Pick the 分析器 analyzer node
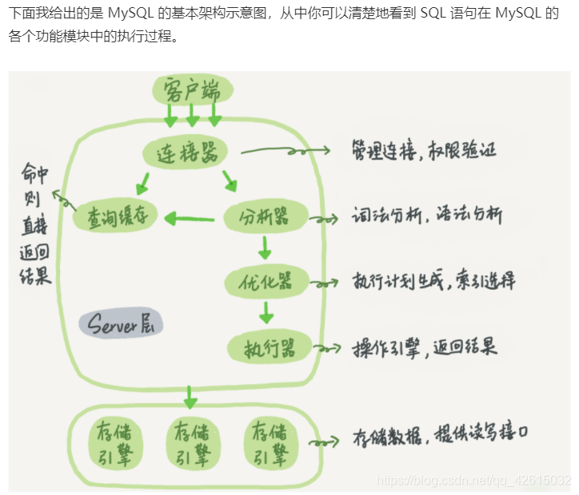click(x=266, y=216)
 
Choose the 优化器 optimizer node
click(x=267, y=281)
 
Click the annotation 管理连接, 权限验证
click(x=424, y=149)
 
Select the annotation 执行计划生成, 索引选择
click(x=434, y=281)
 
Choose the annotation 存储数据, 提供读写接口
click(x=440, y=436)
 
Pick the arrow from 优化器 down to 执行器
click(x=266, y=311)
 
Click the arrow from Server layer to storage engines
click(x=190, y=394)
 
